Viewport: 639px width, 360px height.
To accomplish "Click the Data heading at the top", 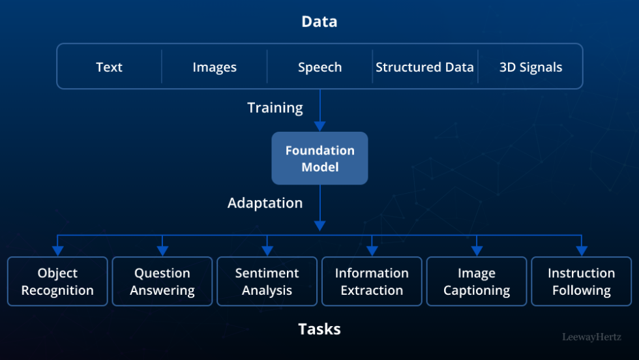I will [319, 22].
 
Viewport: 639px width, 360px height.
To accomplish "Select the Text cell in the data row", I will [109, 67].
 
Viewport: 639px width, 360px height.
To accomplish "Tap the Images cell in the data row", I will [215, 67].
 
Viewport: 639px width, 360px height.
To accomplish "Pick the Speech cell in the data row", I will [319, 67].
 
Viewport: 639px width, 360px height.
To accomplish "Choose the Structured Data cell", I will [424, 67].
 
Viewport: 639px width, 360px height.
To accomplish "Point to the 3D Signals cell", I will [530, 67].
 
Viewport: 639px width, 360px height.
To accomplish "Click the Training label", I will [275, 108].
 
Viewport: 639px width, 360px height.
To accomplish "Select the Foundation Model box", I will [319, 158].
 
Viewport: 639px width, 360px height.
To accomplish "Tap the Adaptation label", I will [265, 203].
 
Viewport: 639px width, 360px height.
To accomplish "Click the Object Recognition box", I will [57, 282].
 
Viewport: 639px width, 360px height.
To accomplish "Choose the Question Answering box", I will [162, 282].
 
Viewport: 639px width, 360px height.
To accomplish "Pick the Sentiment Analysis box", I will [267, 282].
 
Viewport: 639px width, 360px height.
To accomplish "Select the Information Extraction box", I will [372, 282].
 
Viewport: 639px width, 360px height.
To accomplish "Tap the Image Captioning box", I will [477, 282].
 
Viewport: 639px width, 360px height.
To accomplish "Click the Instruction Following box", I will [581, 282].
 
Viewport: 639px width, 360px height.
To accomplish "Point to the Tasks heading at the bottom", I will [319, 329].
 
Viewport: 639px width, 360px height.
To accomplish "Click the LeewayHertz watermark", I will [592, 337].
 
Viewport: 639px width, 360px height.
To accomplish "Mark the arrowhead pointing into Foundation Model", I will [319, 127].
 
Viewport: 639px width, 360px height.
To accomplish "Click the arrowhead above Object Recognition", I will [57, 250].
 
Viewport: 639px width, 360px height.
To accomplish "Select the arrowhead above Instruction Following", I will [581, 250].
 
